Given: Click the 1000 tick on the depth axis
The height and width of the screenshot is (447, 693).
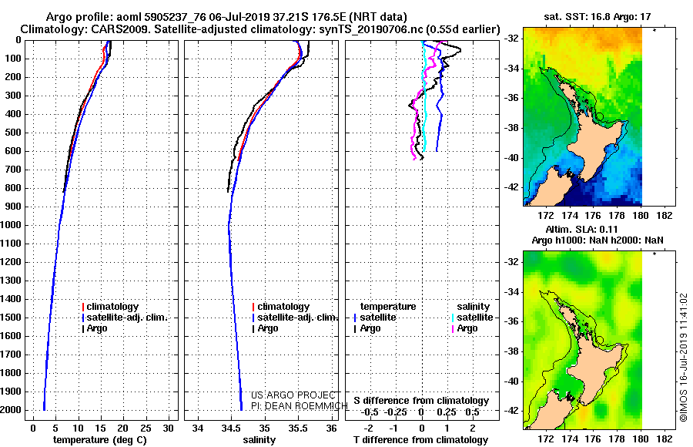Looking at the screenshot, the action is pos(11,225).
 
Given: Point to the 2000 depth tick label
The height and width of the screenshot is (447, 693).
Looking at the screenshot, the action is pos(11,410).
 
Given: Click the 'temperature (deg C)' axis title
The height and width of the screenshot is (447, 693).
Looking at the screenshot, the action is pos(100,440).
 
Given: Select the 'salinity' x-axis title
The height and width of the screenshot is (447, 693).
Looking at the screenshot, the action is pos(259,440).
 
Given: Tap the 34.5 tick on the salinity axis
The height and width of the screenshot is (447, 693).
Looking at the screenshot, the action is pos(231,429).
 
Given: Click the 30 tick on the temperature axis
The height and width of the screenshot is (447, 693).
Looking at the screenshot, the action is pos(168,429).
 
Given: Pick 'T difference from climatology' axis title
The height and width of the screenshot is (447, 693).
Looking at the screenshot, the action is pos(420,440).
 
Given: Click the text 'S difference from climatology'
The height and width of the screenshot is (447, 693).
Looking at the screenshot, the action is pos(421,401).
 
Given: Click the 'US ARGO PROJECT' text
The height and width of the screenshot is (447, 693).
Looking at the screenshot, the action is pos(293,395).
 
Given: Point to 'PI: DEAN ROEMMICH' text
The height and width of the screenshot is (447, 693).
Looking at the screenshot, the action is pos(300,406).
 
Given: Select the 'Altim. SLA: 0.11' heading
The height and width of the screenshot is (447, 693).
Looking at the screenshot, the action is pos(581,229).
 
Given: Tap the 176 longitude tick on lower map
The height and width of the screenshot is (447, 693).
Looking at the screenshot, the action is pos(593,439).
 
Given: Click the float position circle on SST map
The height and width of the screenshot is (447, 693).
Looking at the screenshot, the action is pos(600,117).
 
